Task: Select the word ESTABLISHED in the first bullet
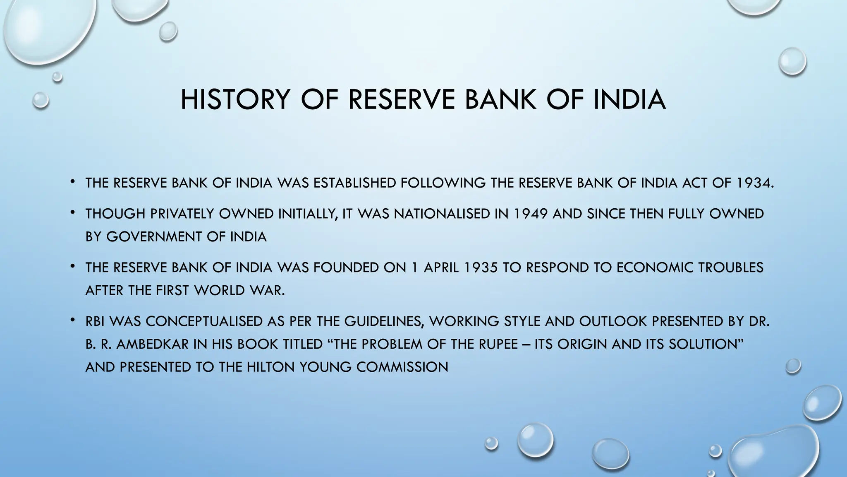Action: click(x=355, y=183)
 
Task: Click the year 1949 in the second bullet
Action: click(x=531, y=214)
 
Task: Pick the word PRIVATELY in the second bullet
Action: click(x=182, y=214)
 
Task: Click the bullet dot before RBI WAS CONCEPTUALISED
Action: click(x=72, y=320)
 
